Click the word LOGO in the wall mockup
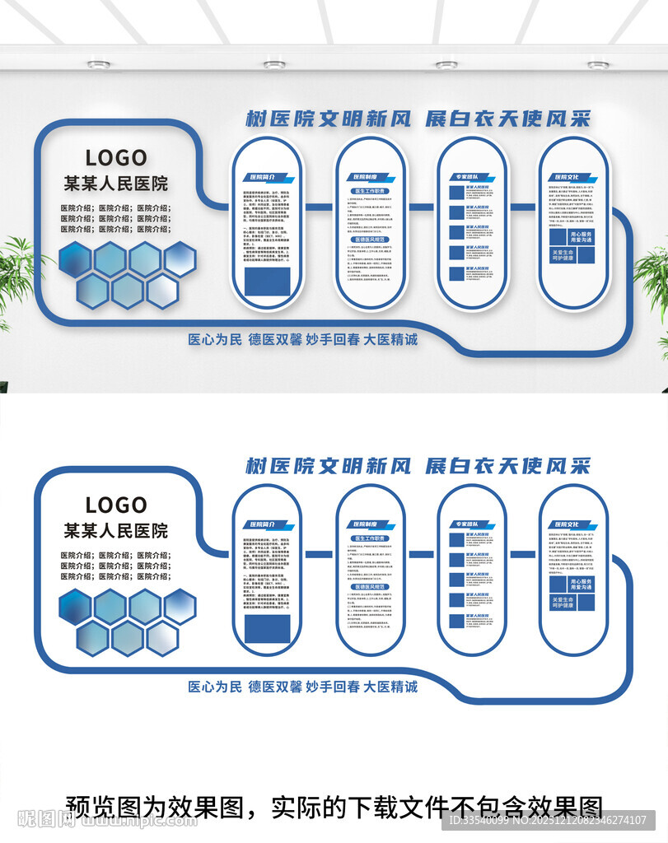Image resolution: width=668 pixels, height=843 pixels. (116, 157)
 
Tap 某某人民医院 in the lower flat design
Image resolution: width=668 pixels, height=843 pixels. (116, 530)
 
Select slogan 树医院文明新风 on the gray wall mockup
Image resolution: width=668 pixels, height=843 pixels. (328, 119)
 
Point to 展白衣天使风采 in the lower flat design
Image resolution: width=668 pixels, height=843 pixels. (507, 466)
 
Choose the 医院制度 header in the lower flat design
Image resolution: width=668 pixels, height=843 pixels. (365, 524)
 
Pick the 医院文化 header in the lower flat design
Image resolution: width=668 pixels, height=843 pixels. (568, 524)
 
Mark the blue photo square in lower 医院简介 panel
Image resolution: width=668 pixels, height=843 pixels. (266, 628)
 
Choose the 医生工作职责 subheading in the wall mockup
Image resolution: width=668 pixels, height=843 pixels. (370, 192)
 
